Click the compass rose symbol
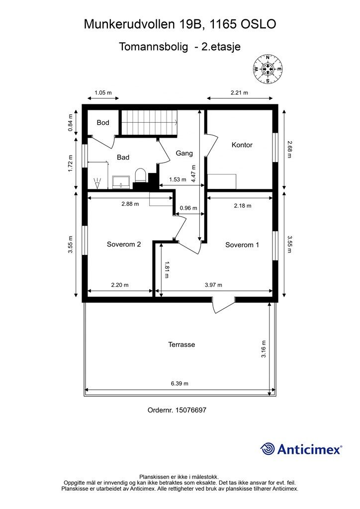tap(268, 69)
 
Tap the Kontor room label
tap(242, 145)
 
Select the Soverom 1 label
tap(242, 245)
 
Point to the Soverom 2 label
tap(124, 244)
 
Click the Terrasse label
tap(181, 344)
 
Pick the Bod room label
tap(103, 123)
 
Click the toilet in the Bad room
tap(140, 175)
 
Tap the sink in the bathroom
tap(121, 182)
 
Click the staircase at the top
tap(150, 122)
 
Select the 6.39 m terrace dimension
tap(180, 383)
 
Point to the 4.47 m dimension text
tap(194, 173)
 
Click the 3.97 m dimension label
tap(213, 285)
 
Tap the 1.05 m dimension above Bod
tap(103, 92)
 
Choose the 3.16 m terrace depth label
tap(263, 349)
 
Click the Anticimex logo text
tap(309, 449)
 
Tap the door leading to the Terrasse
tap(224, 304)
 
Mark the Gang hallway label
tap(184, 153)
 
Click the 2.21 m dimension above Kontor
tap(239, 92)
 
